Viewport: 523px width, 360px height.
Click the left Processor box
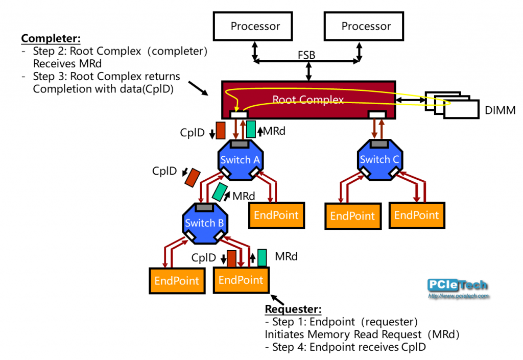(255, 26)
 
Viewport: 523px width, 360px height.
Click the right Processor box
(366, 26)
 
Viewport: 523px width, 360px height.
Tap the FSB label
(306, 55)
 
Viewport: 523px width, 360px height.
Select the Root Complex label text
(308, 100)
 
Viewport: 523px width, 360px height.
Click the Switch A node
(240, 160)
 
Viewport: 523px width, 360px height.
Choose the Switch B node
(204, 223)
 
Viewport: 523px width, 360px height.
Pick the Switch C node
(379, 160)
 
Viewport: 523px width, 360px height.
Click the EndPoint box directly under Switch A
(276, 215)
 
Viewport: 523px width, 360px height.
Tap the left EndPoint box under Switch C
(352, 215)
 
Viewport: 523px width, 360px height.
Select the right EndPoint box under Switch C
(416, 215)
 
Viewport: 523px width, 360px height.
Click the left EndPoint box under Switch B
(177, 280)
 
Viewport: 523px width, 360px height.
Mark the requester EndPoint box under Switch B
(241, 280)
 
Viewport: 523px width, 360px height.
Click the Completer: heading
(51, 39)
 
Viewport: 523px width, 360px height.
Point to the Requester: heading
(293, 309)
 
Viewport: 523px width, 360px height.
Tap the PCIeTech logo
(457, 288)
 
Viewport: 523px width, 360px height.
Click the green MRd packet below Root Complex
(251, 129)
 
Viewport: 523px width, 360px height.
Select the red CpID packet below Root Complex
(221, 130)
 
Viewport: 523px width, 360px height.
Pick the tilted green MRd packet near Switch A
(221, 192)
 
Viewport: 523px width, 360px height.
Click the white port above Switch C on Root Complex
(377, 114)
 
